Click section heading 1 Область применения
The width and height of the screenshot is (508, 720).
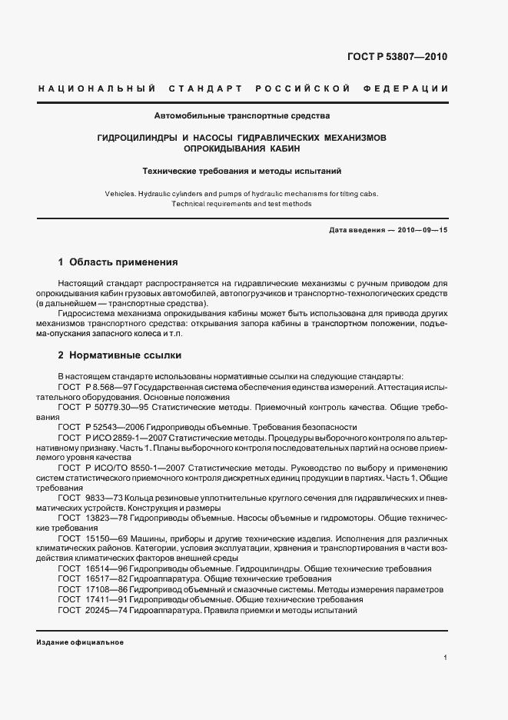point(118,262)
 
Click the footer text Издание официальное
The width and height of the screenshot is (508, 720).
point(80,642)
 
